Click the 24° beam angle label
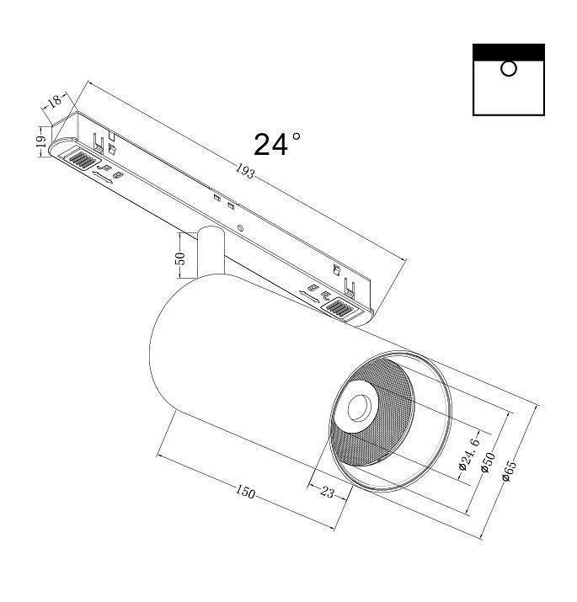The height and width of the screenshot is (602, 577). click(276, 144)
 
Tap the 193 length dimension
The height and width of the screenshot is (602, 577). click(243, 173)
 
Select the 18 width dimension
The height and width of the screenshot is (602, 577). click(56, 102)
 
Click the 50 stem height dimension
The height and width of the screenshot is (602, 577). click(179, 258)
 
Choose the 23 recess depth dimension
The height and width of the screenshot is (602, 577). click(328, 493)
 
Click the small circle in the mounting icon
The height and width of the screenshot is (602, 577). click(508, 69)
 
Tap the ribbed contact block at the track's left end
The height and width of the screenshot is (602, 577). click(83, 158)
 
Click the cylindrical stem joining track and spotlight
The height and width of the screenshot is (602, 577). click(211, 253)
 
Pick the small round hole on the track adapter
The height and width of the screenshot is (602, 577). click(241, 228)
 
